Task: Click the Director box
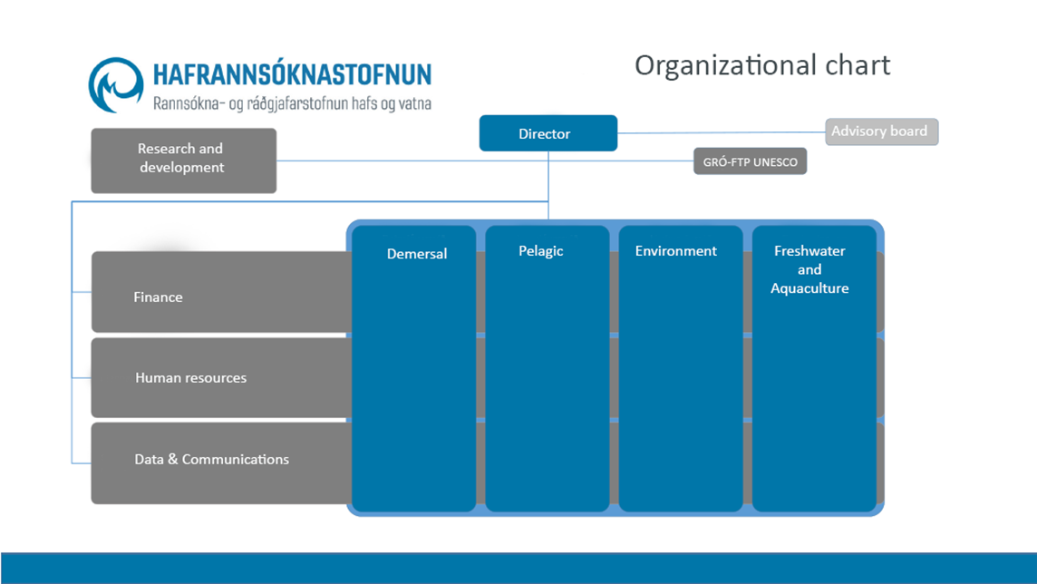click(548, 133)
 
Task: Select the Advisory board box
click(881, 131)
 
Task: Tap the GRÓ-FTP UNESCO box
click(750, 162)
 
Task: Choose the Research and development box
click(183, 160)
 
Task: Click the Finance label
click(158, 297)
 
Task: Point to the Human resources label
click(190, 377)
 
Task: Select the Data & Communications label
click(211, 459)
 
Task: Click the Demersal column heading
click(417, 254)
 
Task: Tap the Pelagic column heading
click(541, 251)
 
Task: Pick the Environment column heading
click(675, 251)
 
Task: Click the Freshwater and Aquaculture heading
click(809, 269)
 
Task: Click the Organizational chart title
click(761, 65)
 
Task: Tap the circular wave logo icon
click(116, 84)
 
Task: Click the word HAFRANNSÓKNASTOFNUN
click(292, 73)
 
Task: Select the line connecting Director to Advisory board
click(721, 133)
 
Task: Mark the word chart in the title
click(855, 65)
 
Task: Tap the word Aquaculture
click(809, 288)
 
